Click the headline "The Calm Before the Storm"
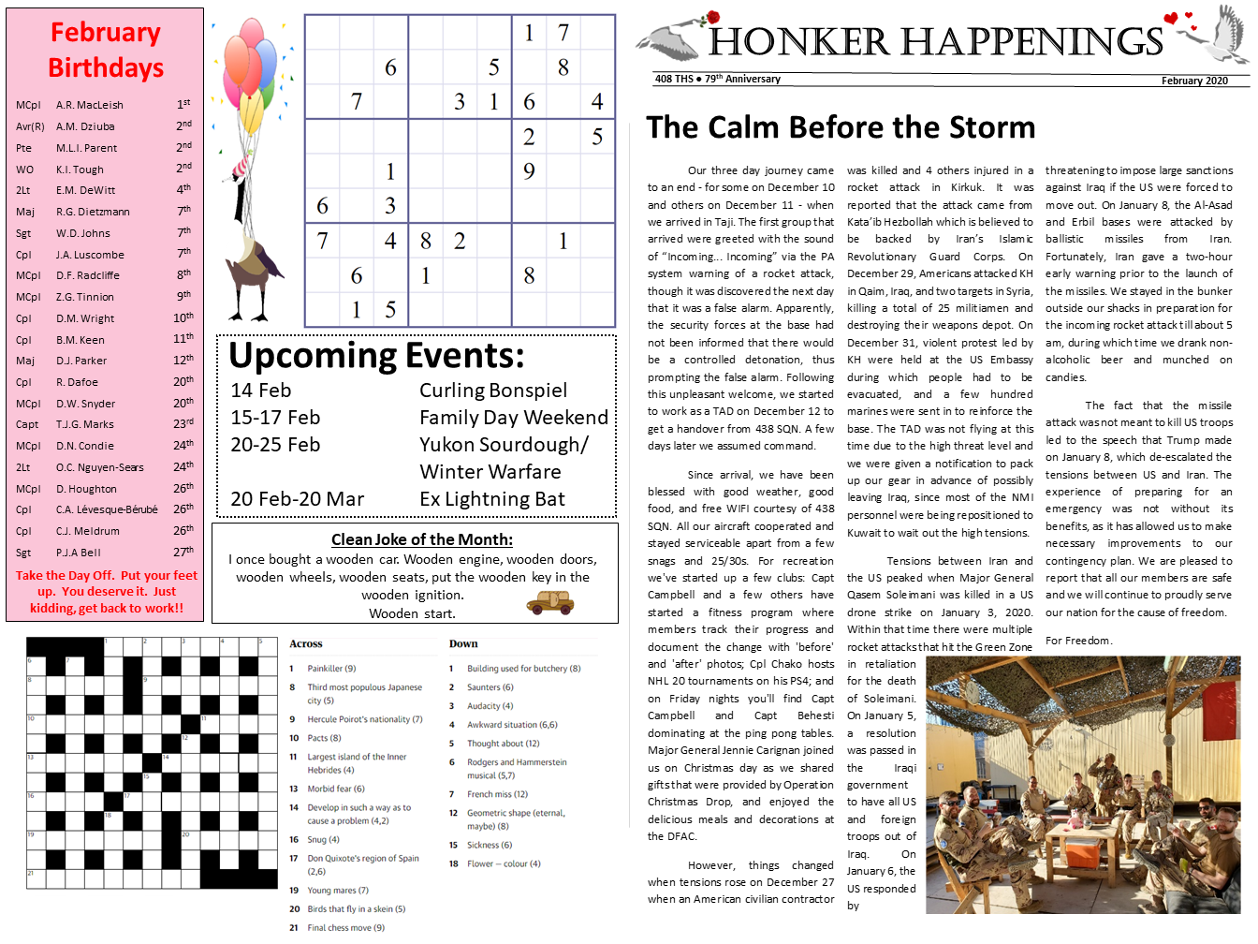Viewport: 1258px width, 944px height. click(841, 127)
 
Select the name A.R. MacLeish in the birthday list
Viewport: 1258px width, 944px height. click(90, 106)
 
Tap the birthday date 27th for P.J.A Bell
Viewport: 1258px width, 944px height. click(183, 553)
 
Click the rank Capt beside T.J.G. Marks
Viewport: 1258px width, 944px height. click(27, 425)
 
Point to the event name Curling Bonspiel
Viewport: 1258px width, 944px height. click(493, 391)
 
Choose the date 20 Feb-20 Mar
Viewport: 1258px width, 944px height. click(298, 499)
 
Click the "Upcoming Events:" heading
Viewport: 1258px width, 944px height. click(376, 356)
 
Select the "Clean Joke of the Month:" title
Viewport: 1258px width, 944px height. click(422, 539)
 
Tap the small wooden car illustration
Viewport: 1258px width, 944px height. click(549, 604)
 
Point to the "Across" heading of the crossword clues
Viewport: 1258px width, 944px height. click(306, 644)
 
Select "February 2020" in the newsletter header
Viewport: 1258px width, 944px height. click(1194, 81)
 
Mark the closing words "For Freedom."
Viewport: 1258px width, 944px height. click(1078, 641)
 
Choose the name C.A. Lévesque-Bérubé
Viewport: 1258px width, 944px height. click(107, 510)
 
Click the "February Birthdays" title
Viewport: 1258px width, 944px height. click(106, 50)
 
